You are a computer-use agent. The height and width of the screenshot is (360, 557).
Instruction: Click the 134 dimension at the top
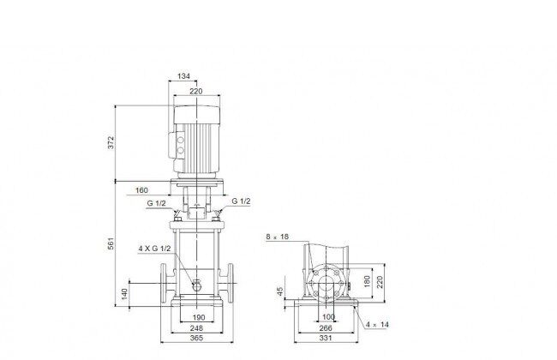[x=183, y=76]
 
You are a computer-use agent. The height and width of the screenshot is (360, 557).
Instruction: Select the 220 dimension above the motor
[x=195, y=92]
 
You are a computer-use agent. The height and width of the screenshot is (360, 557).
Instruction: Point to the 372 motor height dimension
[x=111, y=142]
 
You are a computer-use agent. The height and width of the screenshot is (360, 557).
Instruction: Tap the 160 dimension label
[x=141, y=190]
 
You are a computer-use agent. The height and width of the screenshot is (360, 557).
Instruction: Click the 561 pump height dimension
[x=111, y=243]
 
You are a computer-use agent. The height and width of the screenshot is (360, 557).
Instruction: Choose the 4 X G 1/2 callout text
[x=154, y=249]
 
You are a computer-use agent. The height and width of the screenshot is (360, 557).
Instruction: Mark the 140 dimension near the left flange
[x=124, y=294]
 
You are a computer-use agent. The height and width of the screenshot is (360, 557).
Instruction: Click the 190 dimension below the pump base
[x=199, y=317]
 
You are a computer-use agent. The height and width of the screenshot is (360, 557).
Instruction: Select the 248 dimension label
[x=196, y=327]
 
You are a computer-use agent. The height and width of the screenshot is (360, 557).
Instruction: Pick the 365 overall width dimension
[x=196, y=338]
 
